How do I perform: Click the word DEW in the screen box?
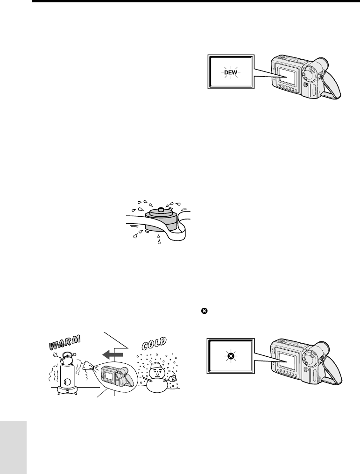(x=231, y=73)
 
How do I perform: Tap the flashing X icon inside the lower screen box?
(x=231, y=357)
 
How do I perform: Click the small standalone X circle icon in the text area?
(x=204, y=311)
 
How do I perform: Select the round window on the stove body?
(x=67, y=382)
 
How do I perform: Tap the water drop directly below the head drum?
(x=158, y=241)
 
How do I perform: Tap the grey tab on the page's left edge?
(x=13, y=447)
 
